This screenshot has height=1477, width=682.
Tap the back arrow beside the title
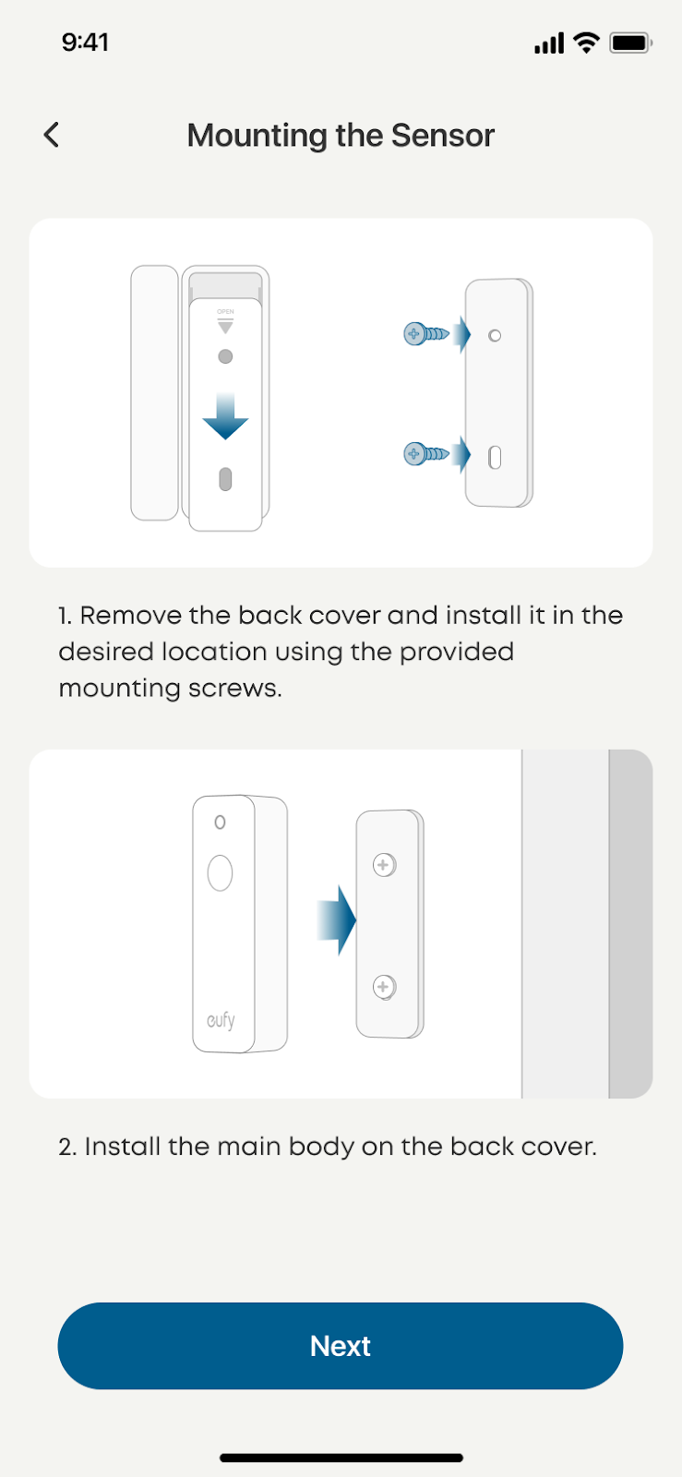pyautogui.click(x=52, y=135)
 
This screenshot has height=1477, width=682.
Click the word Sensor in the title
pyautogui.click(x=443, y=135)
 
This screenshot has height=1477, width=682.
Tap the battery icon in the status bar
pyautogui.click(x=630, y=42)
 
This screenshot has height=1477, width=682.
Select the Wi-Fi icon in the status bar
pyautogui.click(x=586, y=42)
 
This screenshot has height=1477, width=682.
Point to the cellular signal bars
pyautogui.click(x=549, y=43)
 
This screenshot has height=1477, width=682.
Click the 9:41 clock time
pyautogui.click(x=85, y=42)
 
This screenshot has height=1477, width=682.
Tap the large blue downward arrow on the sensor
pyautogui.click(x=225, y=416)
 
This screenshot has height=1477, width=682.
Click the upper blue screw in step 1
pyautogui.click(x=426, y=334)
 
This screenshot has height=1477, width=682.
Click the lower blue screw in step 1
pyautogui.click(x=426, y=454)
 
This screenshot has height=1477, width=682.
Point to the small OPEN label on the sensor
pyautogui.click(x=225, y=311)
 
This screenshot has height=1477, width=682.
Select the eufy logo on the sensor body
pyautogui.click(x=221, y=1020)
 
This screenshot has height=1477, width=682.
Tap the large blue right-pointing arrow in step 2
pyautogui.click(x=337, y=920)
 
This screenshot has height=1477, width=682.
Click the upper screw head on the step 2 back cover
pyautogui.click(x=384, y=865)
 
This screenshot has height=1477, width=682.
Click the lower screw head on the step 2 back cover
pyautogui.click(x=384, y=987)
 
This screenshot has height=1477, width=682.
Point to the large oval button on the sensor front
pyautogui.click(x=220, y=873)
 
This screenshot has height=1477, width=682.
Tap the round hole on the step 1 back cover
pyautogui.click(x=495, y=336)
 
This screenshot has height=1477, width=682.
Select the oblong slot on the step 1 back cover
pyautogui.click(x=495, y=458)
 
